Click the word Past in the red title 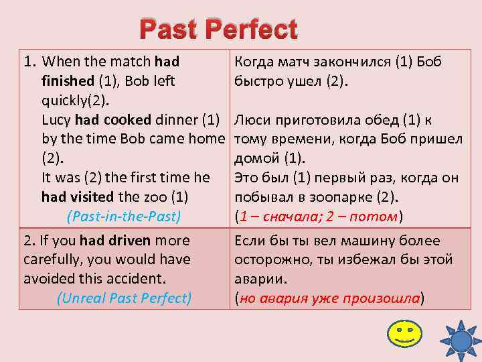coord(169,29)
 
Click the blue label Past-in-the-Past coord(125,217)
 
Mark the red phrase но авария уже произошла coord(329,298)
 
